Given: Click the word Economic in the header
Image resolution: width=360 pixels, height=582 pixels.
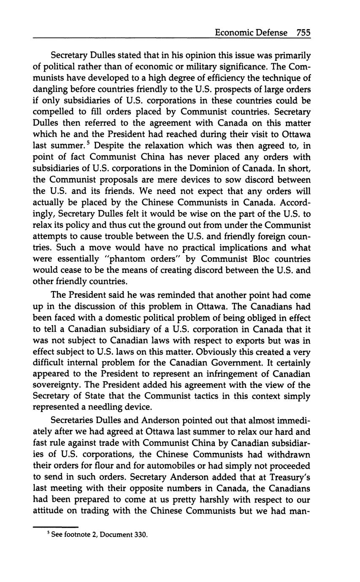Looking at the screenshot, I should (234, 32).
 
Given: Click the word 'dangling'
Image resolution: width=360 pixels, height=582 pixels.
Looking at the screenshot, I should (51, 89).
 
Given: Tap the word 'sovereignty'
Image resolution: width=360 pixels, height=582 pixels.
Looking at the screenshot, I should (57, 385).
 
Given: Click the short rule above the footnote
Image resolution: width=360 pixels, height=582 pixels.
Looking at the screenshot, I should (56, 527).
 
